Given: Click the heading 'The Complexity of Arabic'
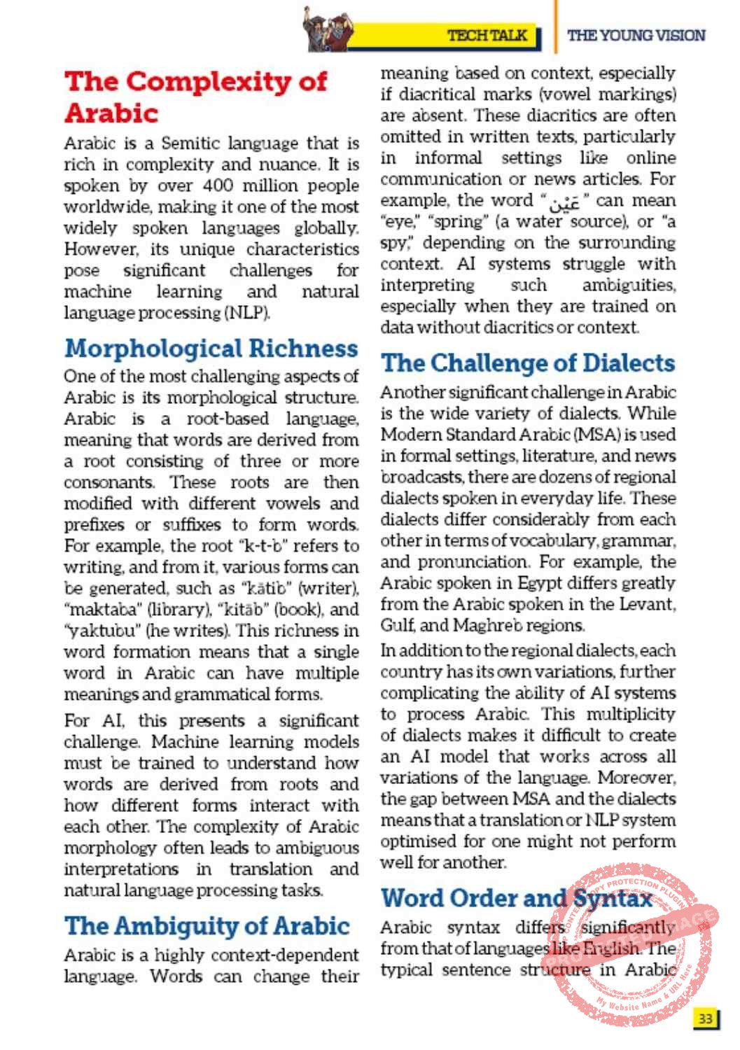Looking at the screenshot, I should (195, 97).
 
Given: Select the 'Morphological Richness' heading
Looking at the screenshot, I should (211, 348).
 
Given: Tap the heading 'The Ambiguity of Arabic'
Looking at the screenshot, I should (207, 925).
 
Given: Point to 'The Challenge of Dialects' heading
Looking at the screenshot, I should (528, 363).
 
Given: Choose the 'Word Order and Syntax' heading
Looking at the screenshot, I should (517, 897).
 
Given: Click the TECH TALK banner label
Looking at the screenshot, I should (487, 35).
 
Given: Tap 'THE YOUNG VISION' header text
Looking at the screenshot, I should (636, 35).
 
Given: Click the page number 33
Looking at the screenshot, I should (705, 1018).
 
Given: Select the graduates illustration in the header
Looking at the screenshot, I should (327, 30).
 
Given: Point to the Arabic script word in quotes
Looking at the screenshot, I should (564, 202).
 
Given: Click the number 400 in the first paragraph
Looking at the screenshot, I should (218, 185).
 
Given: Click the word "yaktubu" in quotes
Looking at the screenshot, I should (97, 630).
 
